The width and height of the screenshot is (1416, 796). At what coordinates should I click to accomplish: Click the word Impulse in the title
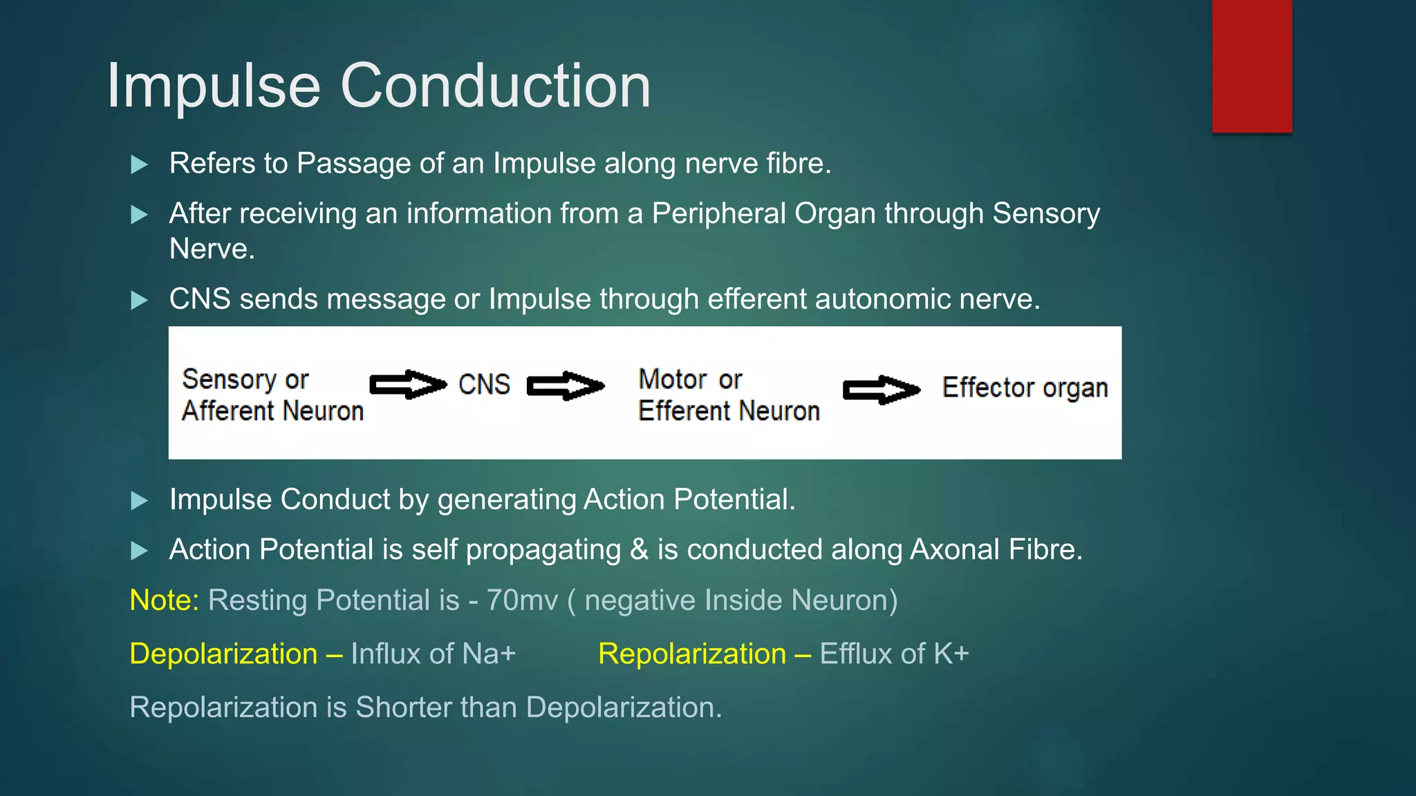214,86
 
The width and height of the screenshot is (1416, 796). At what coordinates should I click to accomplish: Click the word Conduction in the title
495,86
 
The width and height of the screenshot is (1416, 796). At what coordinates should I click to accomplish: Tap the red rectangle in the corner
1251,66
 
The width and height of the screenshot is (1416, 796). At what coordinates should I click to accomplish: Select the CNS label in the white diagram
484,385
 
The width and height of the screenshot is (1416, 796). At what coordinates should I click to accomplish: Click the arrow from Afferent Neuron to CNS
408,385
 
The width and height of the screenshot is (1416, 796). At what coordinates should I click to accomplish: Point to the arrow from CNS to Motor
566,386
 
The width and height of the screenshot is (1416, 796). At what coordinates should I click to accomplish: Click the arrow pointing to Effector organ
882,390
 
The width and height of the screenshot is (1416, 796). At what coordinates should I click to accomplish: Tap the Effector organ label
1025,388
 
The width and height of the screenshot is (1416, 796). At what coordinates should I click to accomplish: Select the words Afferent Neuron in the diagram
272,411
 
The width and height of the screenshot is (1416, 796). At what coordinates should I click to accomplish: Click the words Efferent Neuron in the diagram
729,411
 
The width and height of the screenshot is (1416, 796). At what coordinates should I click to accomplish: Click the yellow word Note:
165,600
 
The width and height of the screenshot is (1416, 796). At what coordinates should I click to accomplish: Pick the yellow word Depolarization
223,654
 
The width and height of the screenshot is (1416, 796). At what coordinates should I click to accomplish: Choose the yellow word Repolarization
692,654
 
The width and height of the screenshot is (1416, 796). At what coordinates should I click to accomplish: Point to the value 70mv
522,600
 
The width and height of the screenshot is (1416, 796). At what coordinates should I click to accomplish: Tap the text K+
951,654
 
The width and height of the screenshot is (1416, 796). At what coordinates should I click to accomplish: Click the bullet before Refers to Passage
140,164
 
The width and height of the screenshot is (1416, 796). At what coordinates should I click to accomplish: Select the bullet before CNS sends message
140,300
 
